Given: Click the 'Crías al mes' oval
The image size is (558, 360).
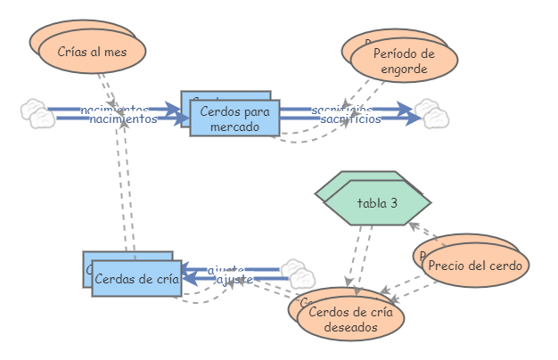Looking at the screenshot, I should pyautogui.click(x=92, y=52).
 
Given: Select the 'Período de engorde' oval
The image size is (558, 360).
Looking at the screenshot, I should pyautogui.click(x=404, y=61).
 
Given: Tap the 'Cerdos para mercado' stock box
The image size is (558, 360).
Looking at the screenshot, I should pyautogui.click(x=234, y=118).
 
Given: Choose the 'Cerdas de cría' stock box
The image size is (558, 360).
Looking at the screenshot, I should pyautogui.click(x=136, y=278).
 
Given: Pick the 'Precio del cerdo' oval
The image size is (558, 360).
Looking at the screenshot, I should pyautogui.click(x=476, y=265).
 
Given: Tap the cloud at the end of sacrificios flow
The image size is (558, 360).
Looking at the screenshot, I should pyautogui.click(x=432, y=115).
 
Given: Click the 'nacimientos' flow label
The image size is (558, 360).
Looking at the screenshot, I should pyautogui.click(x=124, y=119).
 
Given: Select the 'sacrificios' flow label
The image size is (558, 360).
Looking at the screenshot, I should pyautogui.click(x=350, y=119).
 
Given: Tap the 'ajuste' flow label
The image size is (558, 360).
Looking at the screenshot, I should pyautogui.click(x=234, y=280).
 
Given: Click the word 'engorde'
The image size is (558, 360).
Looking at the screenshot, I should pyautogui.click(x=404, y=69).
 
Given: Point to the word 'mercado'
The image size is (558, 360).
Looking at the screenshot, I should pyautogui.click(x=234, y=126).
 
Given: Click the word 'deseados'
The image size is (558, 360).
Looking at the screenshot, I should pyautogui.click(x=349, y=326).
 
